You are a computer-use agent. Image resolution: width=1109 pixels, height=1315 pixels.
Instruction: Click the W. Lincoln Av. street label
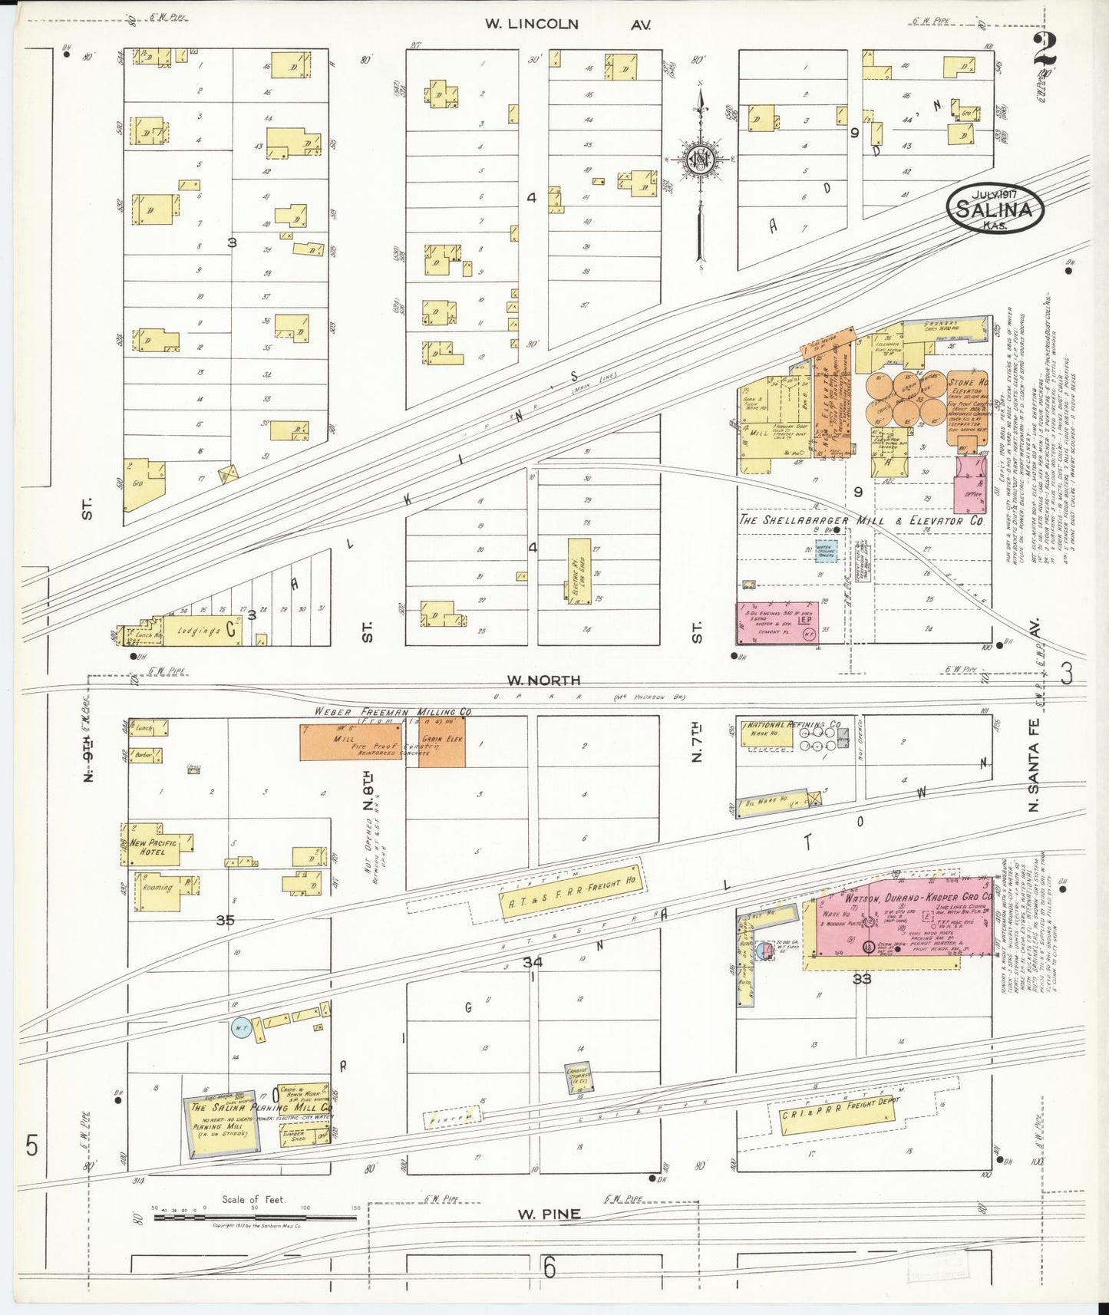569,25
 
